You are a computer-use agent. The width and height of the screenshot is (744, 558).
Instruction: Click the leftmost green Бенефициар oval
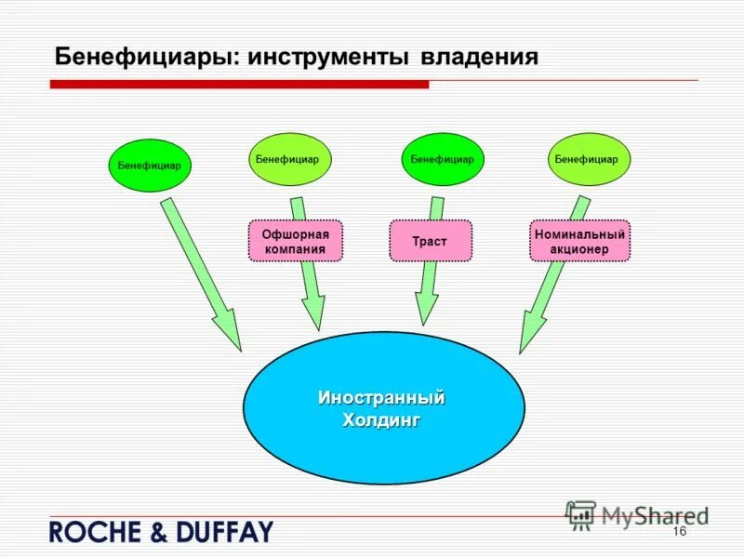pyautogui.click(x=150, y=166)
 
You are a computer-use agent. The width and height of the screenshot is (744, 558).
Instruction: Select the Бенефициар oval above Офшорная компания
pyautogui.click(x=289, y=159)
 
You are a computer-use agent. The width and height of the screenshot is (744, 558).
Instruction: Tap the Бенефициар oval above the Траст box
pyautogui.click(x=443, y=159)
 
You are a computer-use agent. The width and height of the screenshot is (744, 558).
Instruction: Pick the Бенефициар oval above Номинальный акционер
pyautogui.click(x=588, y=159)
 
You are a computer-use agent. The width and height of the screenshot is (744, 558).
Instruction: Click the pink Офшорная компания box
pyautogui.click(x=295, y=241)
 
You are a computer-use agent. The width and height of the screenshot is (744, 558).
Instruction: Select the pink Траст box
pyautogui.click(x=430, y=241)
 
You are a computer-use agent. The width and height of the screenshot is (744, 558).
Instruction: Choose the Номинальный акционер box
pyautogui.click(x=579, y=241)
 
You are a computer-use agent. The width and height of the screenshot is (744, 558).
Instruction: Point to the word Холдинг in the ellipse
pyautogui.click(x=381, y=420)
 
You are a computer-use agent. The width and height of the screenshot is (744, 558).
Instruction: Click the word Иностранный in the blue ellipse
pyautogui.click(x=381, y=398)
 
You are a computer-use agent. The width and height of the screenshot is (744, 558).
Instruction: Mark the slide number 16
pyautogui.click(x=678, y=531)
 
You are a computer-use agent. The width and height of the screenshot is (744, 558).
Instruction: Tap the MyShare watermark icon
pyautogui.click(x=581, y=515)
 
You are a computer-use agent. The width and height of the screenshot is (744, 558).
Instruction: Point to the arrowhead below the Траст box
pyautogui.click(x=426, y=309)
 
